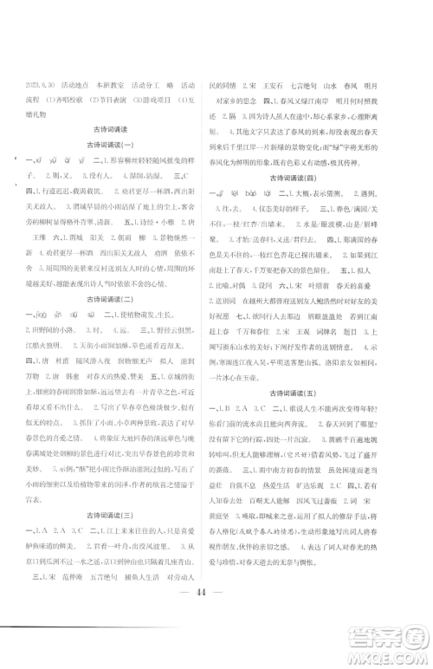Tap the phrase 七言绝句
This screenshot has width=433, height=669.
coord(292,88)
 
